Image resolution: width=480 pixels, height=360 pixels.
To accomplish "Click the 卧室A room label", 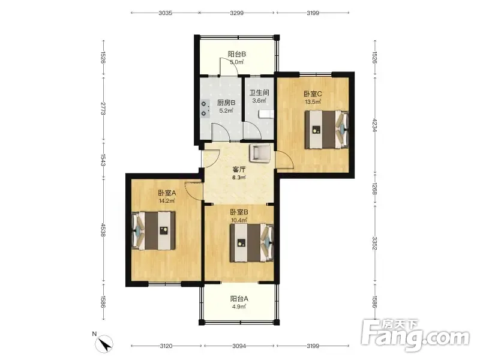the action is tap(167, 193).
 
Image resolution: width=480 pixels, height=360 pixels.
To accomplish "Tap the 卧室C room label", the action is tap(313, 94).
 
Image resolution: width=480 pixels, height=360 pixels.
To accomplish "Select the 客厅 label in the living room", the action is tap(239, 169).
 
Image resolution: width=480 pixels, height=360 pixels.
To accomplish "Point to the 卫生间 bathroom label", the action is tap(259, 92).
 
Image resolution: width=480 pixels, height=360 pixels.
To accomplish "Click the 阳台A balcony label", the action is tap(239, 298).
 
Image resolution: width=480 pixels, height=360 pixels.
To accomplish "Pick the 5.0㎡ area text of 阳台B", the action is tap(236, 62).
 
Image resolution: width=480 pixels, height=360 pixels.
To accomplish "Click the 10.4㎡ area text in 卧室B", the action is tap(239, 220).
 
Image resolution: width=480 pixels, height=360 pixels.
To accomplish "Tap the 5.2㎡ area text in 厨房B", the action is tap(226, 110).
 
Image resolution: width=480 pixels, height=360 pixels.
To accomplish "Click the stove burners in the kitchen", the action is tap(205, 109).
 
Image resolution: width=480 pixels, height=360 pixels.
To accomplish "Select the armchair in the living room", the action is tap(260, 152).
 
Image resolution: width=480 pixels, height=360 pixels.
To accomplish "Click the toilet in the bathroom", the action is tap(266, 114).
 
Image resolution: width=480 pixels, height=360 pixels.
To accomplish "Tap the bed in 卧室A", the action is tap(154, 230).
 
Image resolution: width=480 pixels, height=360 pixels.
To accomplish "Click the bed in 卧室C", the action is tap(326, 130).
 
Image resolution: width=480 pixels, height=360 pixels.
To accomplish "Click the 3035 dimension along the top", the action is tap(166, 13).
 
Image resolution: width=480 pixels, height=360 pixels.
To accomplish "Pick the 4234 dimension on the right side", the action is tap(374, 125).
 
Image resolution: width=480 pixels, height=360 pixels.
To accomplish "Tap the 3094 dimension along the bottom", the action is tap(239, 346).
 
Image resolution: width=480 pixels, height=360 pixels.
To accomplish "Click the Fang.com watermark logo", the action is tap(415, 335).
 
